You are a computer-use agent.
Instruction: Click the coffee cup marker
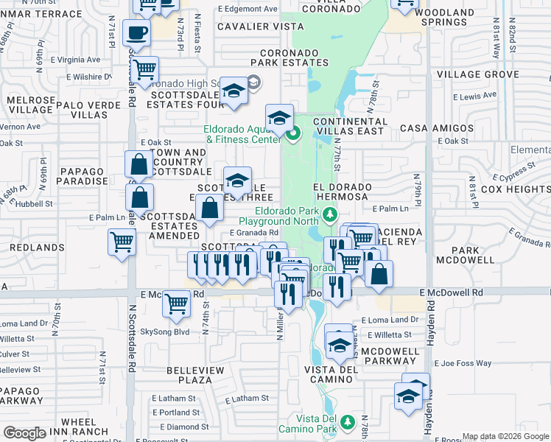pos(136,33)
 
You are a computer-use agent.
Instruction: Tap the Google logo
pos(25,433)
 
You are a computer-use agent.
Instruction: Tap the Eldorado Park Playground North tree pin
pos(330,214)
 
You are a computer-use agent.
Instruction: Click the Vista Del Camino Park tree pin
pos(345,424)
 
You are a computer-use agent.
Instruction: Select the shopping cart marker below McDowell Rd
pos(177,303)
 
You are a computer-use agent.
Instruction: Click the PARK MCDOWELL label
pos(465,255)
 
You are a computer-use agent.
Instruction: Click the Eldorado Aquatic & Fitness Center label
pos(242,133)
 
